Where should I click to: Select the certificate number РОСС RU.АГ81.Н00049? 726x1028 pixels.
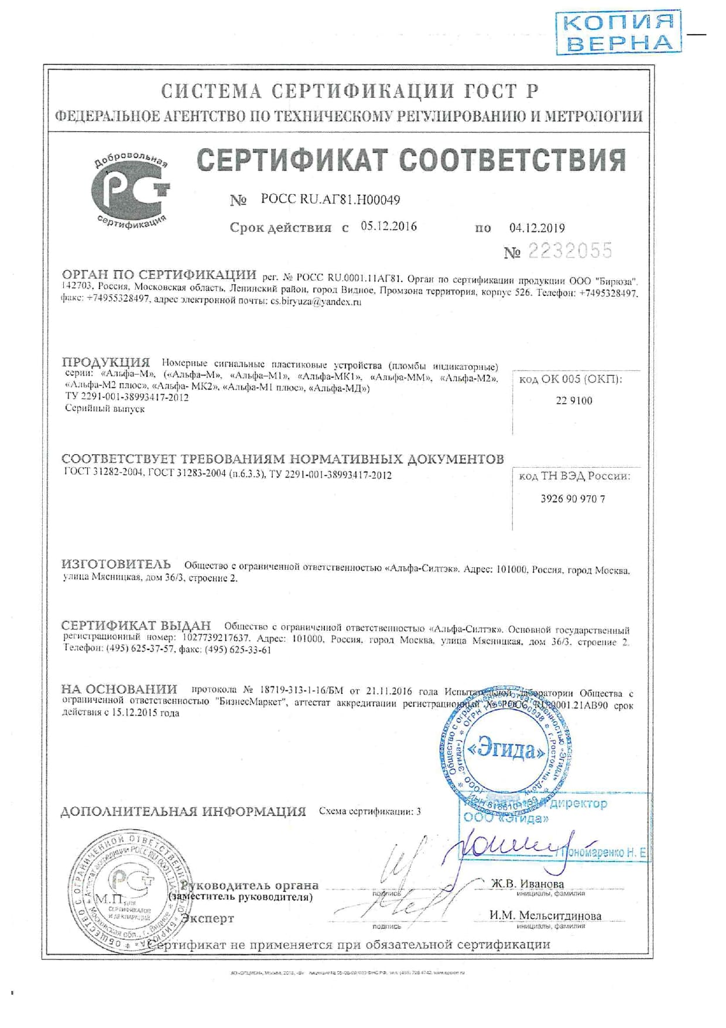pos(330,200)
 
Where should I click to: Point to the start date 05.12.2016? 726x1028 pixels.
pos(389,227)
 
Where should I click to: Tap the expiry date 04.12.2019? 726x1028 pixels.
pos(537,228)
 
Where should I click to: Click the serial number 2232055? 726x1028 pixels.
pos(570,251)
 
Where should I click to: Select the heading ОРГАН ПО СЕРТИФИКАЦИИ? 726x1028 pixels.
pos(159,275)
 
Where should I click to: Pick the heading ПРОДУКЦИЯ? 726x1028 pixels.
pos(106,362)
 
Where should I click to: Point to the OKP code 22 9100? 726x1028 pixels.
pos(574,401)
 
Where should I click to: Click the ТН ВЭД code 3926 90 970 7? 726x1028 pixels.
pos(573,499)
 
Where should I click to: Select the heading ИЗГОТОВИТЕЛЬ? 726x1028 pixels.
pos(116,564)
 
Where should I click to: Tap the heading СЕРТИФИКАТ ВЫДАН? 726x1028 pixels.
pos(136,626)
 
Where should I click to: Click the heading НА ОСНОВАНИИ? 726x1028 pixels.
pos(119,690)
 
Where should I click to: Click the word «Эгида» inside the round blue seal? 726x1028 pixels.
pos(507,750)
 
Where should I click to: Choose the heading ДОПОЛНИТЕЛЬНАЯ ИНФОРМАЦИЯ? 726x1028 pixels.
pos(183,812)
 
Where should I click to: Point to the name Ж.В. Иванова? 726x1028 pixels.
pos(527,883)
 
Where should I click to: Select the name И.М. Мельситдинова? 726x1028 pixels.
pos(545,915)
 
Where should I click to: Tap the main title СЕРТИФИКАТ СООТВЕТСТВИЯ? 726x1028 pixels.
pos(411,160)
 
